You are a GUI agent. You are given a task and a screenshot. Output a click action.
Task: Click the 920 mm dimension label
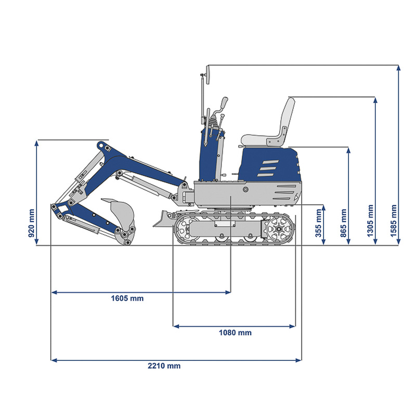coord(31,223)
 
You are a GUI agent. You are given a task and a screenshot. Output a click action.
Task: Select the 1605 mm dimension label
coord(127,298)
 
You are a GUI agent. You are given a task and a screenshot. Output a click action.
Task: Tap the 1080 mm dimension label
coord(235,333)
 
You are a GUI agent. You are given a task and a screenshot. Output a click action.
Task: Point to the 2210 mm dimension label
coord(164,366)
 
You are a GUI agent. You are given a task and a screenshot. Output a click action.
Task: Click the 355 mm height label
coord(318,223)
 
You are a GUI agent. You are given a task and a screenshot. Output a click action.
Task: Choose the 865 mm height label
coord(343,223)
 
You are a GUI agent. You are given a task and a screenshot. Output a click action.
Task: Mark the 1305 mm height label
coord(370,220)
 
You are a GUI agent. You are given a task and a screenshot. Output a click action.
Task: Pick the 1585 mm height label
coord(394,220)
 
